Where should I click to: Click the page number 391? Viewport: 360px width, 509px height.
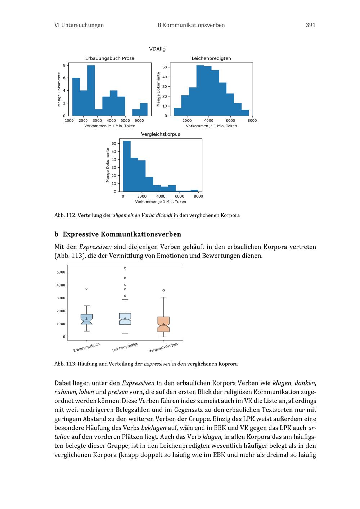(310, 25)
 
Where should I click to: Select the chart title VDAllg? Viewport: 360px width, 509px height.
(157, 49)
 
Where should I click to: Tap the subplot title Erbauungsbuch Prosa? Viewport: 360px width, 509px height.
(110, 58)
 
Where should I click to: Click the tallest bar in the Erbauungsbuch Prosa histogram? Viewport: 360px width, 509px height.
(91, 90)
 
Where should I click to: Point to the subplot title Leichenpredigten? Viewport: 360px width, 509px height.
(211, 58)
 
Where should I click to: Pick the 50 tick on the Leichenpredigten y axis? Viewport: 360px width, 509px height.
(165, 67)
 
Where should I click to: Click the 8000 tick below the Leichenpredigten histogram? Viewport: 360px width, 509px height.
(252, 121)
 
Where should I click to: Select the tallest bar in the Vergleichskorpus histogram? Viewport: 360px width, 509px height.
(127, 166)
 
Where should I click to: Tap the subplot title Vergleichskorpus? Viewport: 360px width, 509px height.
(161, 134)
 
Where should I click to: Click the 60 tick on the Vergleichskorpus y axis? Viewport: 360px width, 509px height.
(114, 144)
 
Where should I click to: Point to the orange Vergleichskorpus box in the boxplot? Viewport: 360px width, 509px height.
(163, 324)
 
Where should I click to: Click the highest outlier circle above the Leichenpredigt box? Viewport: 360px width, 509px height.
(125, 268)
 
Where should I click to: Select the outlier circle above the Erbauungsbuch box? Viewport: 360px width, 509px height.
(86, 289)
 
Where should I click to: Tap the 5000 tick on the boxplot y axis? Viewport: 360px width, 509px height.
(61, 272)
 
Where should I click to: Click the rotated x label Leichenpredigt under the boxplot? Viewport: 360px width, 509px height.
(125, 347)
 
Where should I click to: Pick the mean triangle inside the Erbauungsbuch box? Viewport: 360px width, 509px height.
(86, 319)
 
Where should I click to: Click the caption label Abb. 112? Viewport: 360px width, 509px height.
(64, 215)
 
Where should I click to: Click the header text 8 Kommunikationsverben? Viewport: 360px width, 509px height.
(191, 25)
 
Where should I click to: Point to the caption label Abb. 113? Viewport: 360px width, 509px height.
(64, 364)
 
